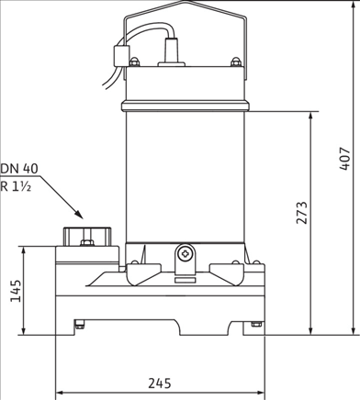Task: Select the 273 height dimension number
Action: (x=302, y=212)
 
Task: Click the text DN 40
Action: (x=20, y=168)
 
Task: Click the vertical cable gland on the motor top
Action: (x=173, y=51)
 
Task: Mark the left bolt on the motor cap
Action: (x=135, y=61)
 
